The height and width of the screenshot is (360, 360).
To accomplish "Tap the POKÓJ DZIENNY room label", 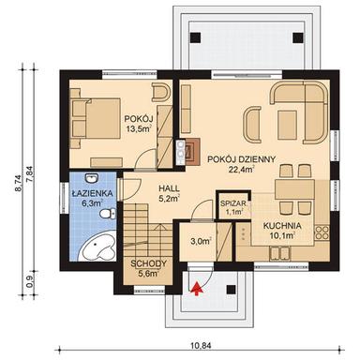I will click(x=243, y=159).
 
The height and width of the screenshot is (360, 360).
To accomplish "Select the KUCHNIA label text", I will click(x=282, y=226).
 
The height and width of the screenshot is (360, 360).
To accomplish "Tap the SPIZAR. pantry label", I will click(x=232, y=203).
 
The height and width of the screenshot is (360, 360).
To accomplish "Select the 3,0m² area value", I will click(x=200, y=241).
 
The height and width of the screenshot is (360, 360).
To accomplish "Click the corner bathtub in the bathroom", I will click(x=96, y=246).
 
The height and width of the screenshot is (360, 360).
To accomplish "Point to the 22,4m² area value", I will click(x=243, y=171).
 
